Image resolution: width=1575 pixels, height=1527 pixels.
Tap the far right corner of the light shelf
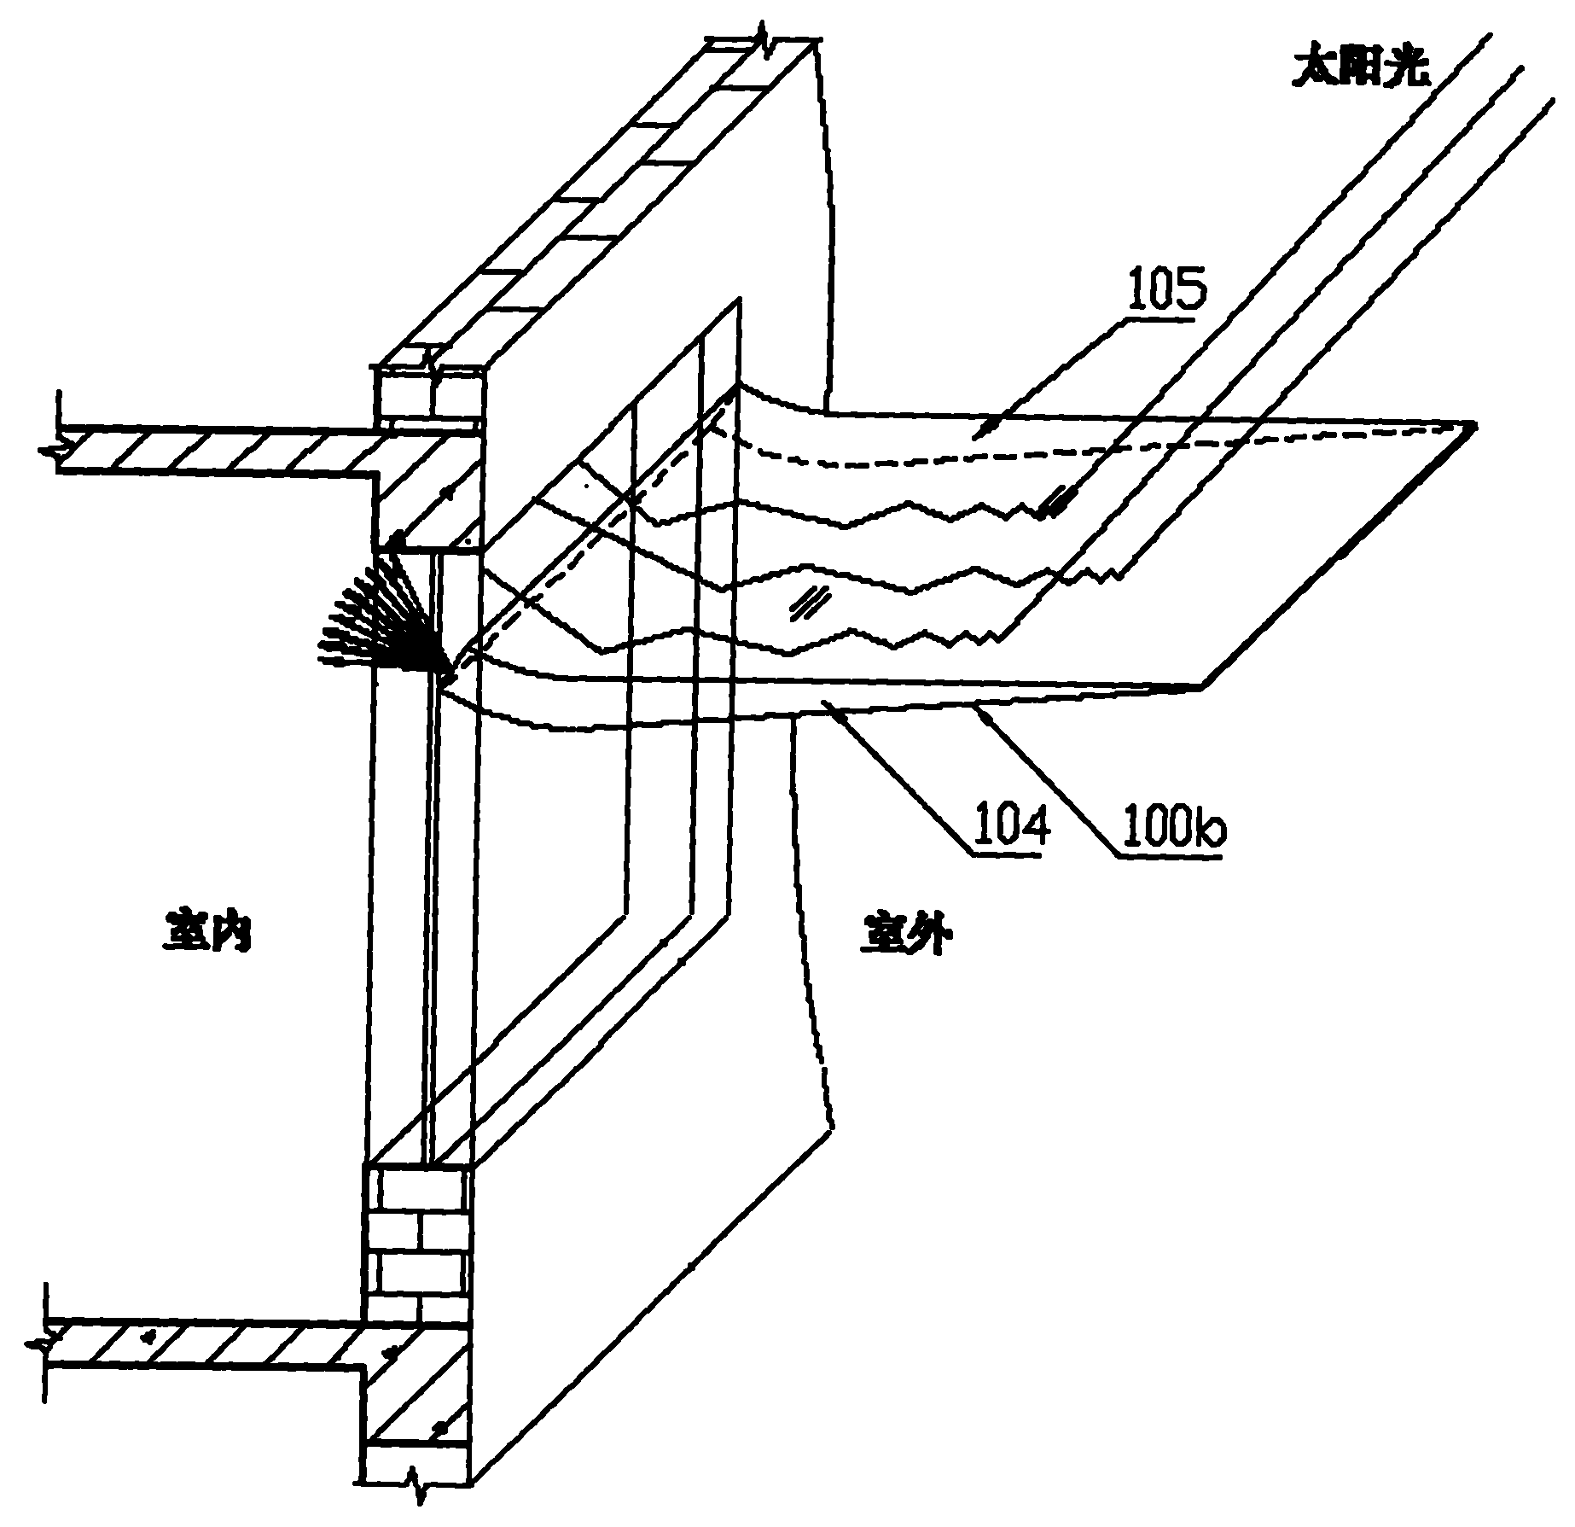(1474, 424)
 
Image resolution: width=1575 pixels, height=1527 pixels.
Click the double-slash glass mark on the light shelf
(808, 603)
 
